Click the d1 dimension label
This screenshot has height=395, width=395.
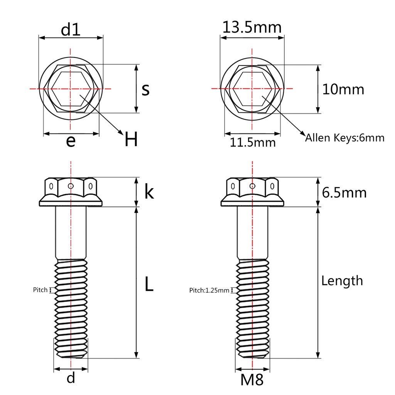click(x=71, y=30)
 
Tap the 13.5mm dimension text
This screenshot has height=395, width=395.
click(x=252, y=27)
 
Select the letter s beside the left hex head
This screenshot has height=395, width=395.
click(x=145, y=89)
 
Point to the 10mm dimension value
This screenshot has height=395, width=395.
click(x=343, y=89)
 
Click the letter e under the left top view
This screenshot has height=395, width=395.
click(x=71, y=142)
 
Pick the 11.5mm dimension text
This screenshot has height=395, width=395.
click(x=253, y=142)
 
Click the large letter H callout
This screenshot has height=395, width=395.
click(x=131, y=140)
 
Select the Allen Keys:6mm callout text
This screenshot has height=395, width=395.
click(x=344, y=138)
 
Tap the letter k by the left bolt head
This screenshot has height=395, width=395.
click(x=149, y=192)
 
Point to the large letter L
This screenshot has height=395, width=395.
click(x=149, y=284)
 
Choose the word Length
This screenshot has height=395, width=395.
click(x=342, y=281)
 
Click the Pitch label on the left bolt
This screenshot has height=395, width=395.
click(x=40, y=290)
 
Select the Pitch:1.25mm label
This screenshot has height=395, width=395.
click(x=209, y=290)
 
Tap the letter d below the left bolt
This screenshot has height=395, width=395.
click(x=71, y=378)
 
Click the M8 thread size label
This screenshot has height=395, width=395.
click(x=252, y=380)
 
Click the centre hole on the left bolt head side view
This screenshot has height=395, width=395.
click(x=71, y=186)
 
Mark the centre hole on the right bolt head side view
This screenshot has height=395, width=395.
click(x=252, y=186)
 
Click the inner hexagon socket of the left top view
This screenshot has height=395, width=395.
click(x=71, y=89)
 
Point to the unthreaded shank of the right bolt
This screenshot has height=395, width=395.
click(x=252, y=233)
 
